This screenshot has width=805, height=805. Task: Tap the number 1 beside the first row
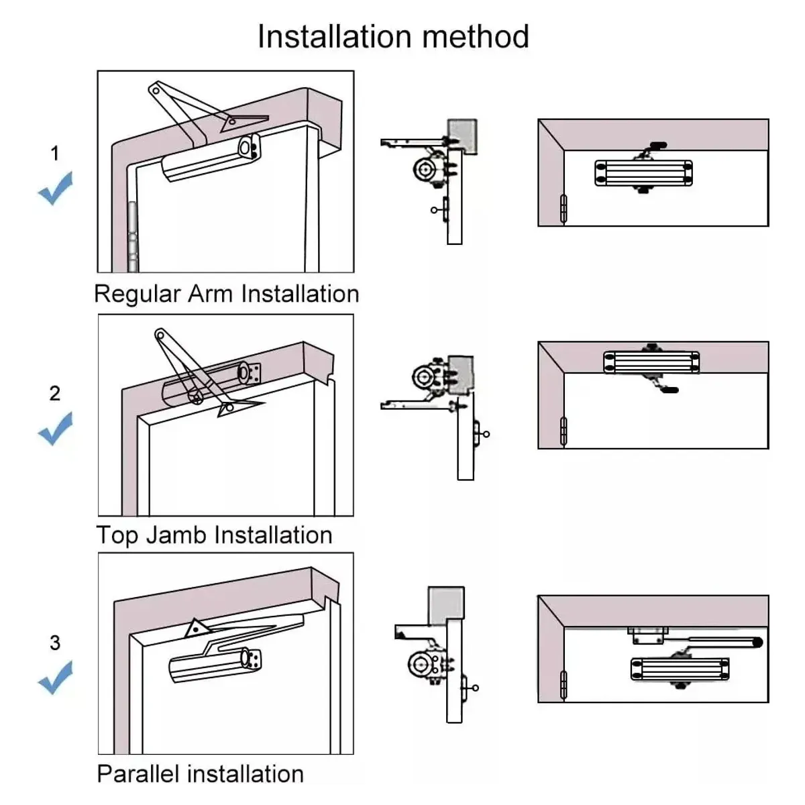click(55, 154)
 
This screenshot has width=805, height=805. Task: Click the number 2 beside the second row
click(55, 393)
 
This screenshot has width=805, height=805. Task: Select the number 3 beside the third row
click(55, 643)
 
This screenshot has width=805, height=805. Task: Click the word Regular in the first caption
click(138, 294)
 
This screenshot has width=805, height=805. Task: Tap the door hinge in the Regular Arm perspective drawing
click(132, 235)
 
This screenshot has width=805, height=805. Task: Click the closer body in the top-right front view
click(643, 172)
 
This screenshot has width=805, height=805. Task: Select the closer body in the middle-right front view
click(651, 362)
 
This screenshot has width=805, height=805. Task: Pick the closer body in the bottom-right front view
click(680, 669)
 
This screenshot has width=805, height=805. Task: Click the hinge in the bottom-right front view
click(563, 685)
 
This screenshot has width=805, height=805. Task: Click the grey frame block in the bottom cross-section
click(446, 602)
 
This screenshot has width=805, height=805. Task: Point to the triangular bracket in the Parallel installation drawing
click(196, 628)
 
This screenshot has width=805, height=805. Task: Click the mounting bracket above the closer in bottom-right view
click(648, 635)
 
